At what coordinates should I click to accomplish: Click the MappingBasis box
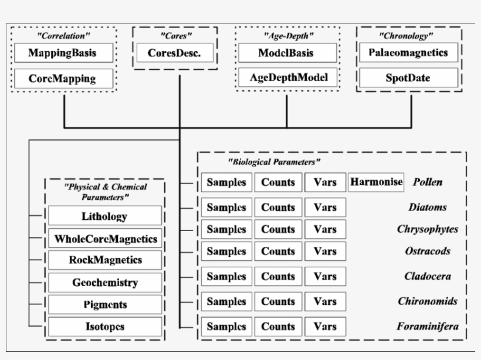click(x=63, y=53)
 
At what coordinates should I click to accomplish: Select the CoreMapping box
click(x=63, y=78)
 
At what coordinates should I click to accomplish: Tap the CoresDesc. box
click(x=174, y=53)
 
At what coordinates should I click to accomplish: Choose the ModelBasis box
click(x=287, y=53)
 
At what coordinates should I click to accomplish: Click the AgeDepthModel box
click(x=287, y=77)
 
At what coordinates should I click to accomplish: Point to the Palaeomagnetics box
click(x=408, y=53)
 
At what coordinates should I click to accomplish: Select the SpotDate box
click(x=408, y=77)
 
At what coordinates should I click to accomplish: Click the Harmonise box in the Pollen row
click(x=376, y=182)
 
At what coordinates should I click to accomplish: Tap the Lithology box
click(x=104, y=216)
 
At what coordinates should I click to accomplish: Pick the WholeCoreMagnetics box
click(x=104, y=239)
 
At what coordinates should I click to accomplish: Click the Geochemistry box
click(x=104, y=283)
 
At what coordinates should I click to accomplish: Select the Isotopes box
click(x=104, y=327)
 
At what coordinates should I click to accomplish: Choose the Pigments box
click(x=104, y=305)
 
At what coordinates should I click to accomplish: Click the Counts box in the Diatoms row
click(x=278, y=208)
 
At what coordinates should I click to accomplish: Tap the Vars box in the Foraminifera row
click(x=325, y=327)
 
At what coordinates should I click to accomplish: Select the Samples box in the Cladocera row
click(x=226, y=276)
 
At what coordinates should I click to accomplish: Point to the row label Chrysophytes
click(x=427, y=229)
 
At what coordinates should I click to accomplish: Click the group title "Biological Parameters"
click(x=273, y=161)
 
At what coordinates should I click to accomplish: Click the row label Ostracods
click(x=428, y=252)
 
